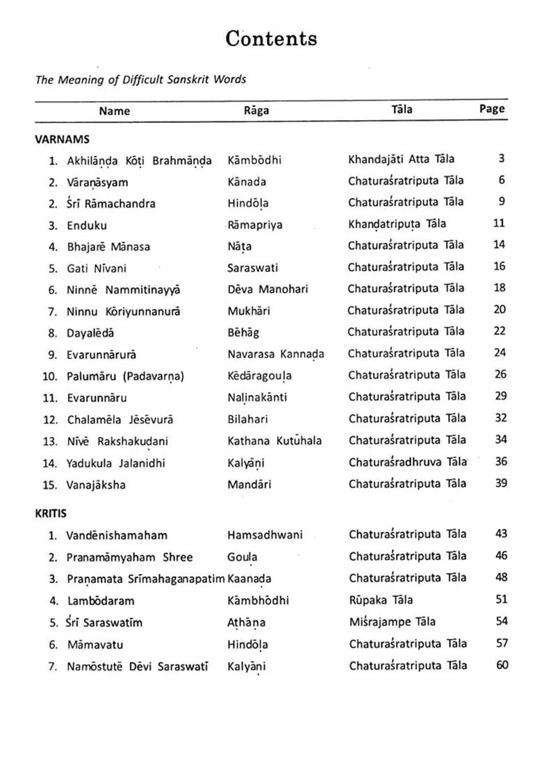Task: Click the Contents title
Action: (271, 39)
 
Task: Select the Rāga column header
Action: (256, 110)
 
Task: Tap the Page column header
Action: (491, 109)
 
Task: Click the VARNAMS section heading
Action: (62, 139)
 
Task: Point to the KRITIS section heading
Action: (53, 514)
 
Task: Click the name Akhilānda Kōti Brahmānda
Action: (139, 161)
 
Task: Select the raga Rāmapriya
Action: (255, 225)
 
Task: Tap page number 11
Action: (499, 223)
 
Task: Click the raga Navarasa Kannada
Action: (275, 354)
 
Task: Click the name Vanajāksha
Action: (96, 485)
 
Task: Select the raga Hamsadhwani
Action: (265, 535)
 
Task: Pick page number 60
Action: (502, 665)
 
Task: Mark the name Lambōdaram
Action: (101, 601)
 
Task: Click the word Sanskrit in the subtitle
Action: (190, 79)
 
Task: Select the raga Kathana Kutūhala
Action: (274, 441)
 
